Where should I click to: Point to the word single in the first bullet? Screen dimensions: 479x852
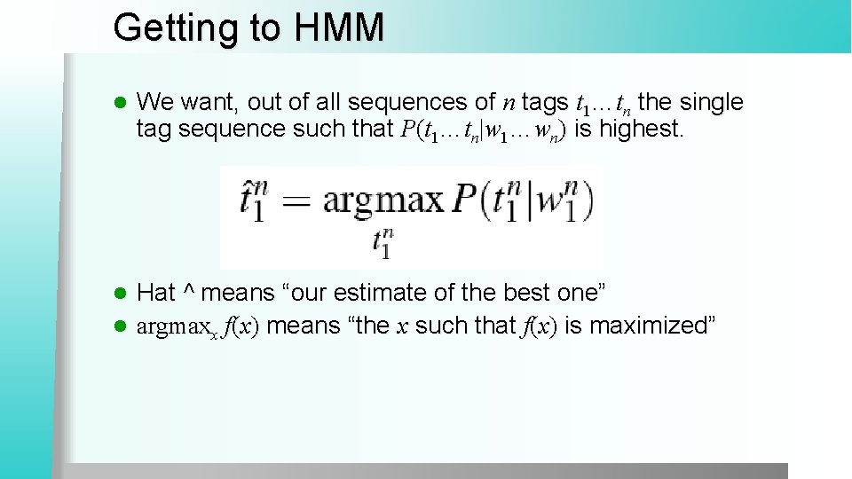click(710, 103)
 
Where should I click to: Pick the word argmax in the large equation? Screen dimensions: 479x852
click(382, 200)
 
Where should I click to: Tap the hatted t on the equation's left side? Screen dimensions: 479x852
click(251, 201)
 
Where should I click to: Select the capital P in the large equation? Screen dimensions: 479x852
click(467, 200)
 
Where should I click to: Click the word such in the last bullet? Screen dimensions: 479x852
click(445, 326)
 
